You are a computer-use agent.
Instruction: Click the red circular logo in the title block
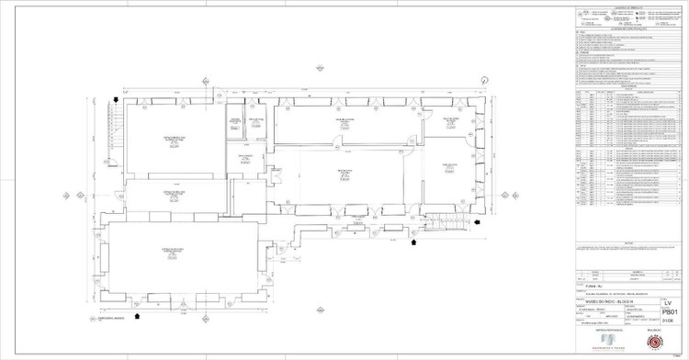pos(656,343)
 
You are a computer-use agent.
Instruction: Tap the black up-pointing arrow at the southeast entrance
pos(413,243)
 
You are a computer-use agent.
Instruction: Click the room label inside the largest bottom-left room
pos(170,252)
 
